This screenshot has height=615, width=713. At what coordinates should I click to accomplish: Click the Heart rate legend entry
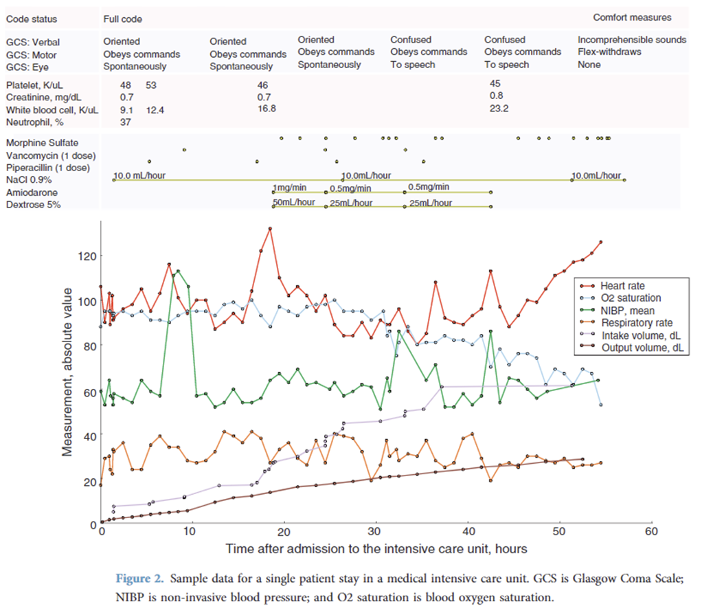point(622,286)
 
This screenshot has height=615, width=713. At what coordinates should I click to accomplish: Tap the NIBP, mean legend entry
point(626,311)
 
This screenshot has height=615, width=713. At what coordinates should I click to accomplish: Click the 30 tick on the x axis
point(375,530)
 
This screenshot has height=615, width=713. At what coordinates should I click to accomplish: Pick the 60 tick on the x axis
point(650,530)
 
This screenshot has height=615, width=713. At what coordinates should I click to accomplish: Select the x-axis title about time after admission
point(376,548)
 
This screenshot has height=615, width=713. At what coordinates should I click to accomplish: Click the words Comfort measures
point(632,18)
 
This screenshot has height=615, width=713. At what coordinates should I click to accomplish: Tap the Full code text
point(123,19)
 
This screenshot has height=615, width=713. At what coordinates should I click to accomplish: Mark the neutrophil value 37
point(126,122)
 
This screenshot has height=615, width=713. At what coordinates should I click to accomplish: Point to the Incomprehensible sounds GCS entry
point(631,40)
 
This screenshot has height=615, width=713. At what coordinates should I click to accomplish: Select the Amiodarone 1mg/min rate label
point(290,188)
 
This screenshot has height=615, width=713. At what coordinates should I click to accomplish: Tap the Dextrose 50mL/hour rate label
point(293,203)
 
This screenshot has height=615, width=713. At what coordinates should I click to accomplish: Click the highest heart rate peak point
point(271,229)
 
